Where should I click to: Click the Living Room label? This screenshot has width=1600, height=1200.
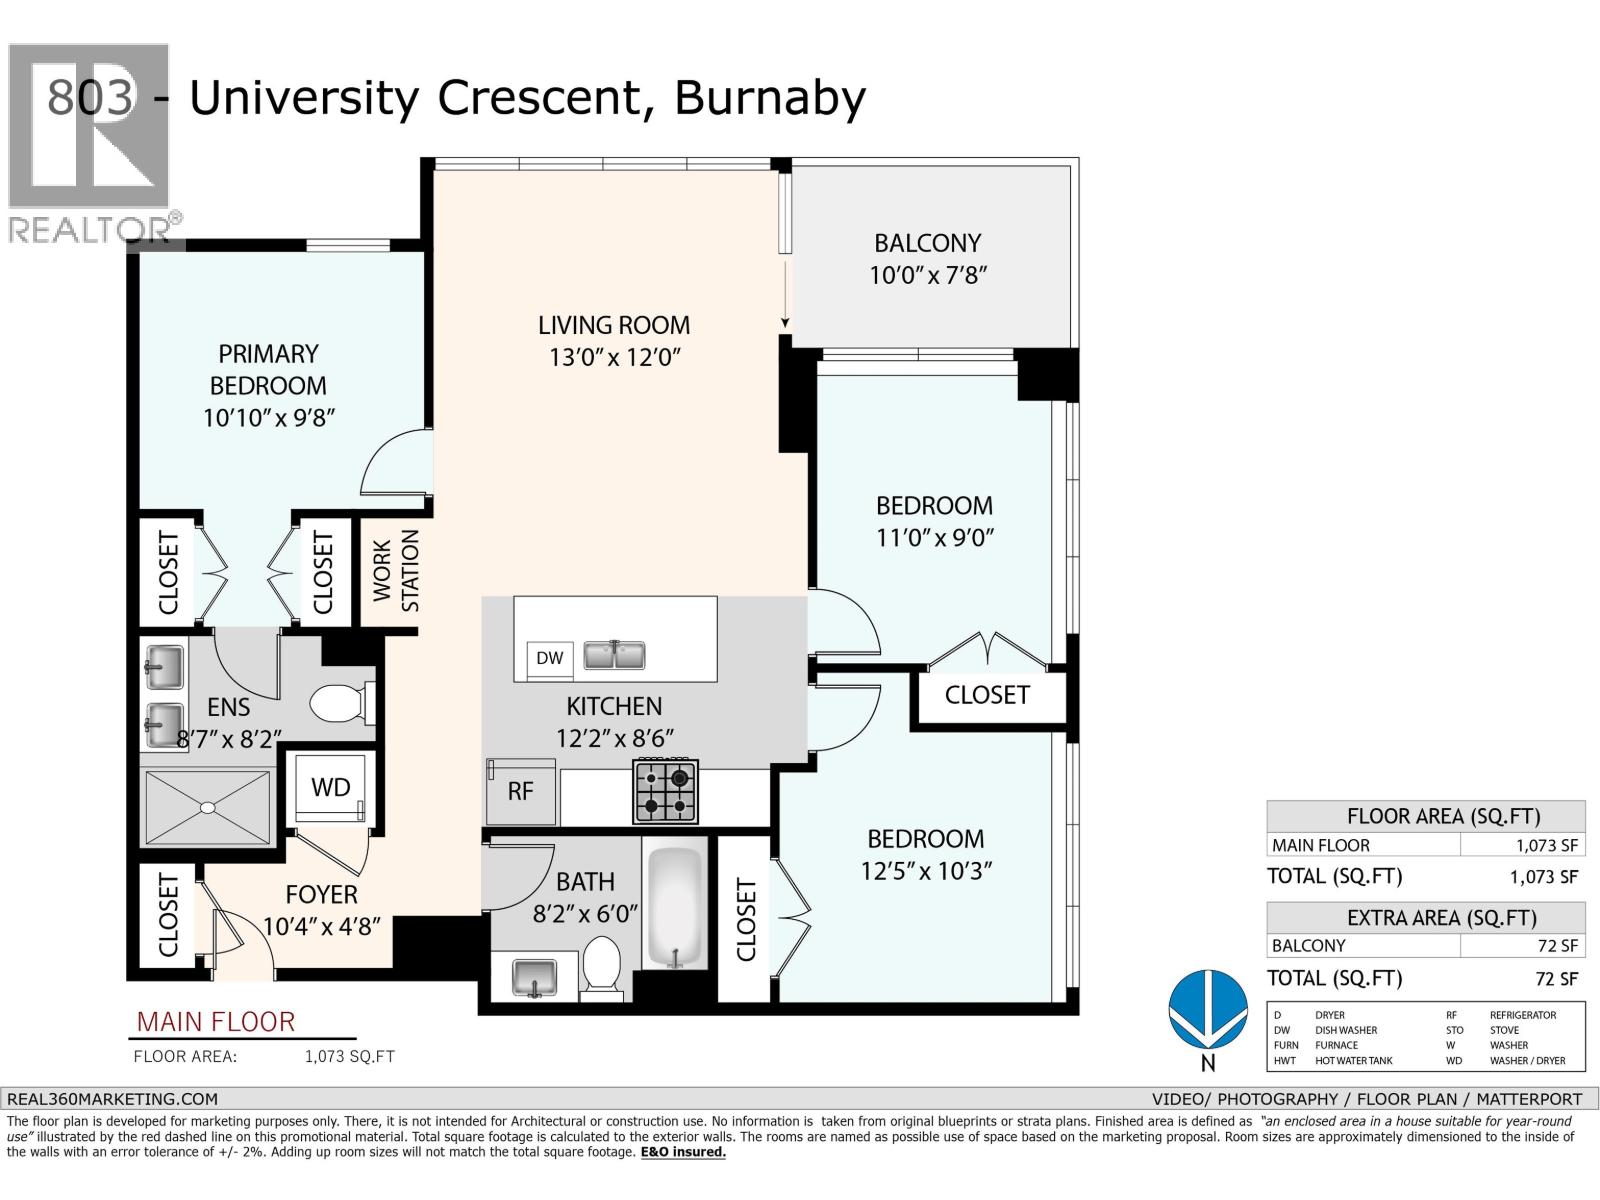613,325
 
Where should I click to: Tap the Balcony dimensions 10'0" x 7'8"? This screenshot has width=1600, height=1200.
928,275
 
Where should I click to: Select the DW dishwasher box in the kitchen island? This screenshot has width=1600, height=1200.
549,658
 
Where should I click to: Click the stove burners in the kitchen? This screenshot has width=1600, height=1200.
666,791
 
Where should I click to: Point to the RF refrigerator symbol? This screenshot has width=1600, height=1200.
520,791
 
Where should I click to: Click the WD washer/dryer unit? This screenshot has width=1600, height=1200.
331,788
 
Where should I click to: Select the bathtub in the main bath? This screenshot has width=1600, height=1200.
675,908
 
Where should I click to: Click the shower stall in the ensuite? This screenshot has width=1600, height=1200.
208,807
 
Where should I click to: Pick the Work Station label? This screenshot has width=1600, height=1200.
396,571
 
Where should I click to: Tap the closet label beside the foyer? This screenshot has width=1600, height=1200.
167,915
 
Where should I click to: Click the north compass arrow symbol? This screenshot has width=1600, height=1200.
1208,1008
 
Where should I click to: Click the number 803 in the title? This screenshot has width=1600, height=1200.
90,98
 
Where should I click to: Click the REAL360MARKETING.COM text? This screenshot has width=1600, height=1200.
112,1098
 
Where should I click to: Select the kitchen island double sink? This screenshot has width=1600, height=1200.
615,656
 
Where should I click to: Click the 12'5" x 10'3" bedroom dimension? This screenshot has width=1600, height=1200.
926,871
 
